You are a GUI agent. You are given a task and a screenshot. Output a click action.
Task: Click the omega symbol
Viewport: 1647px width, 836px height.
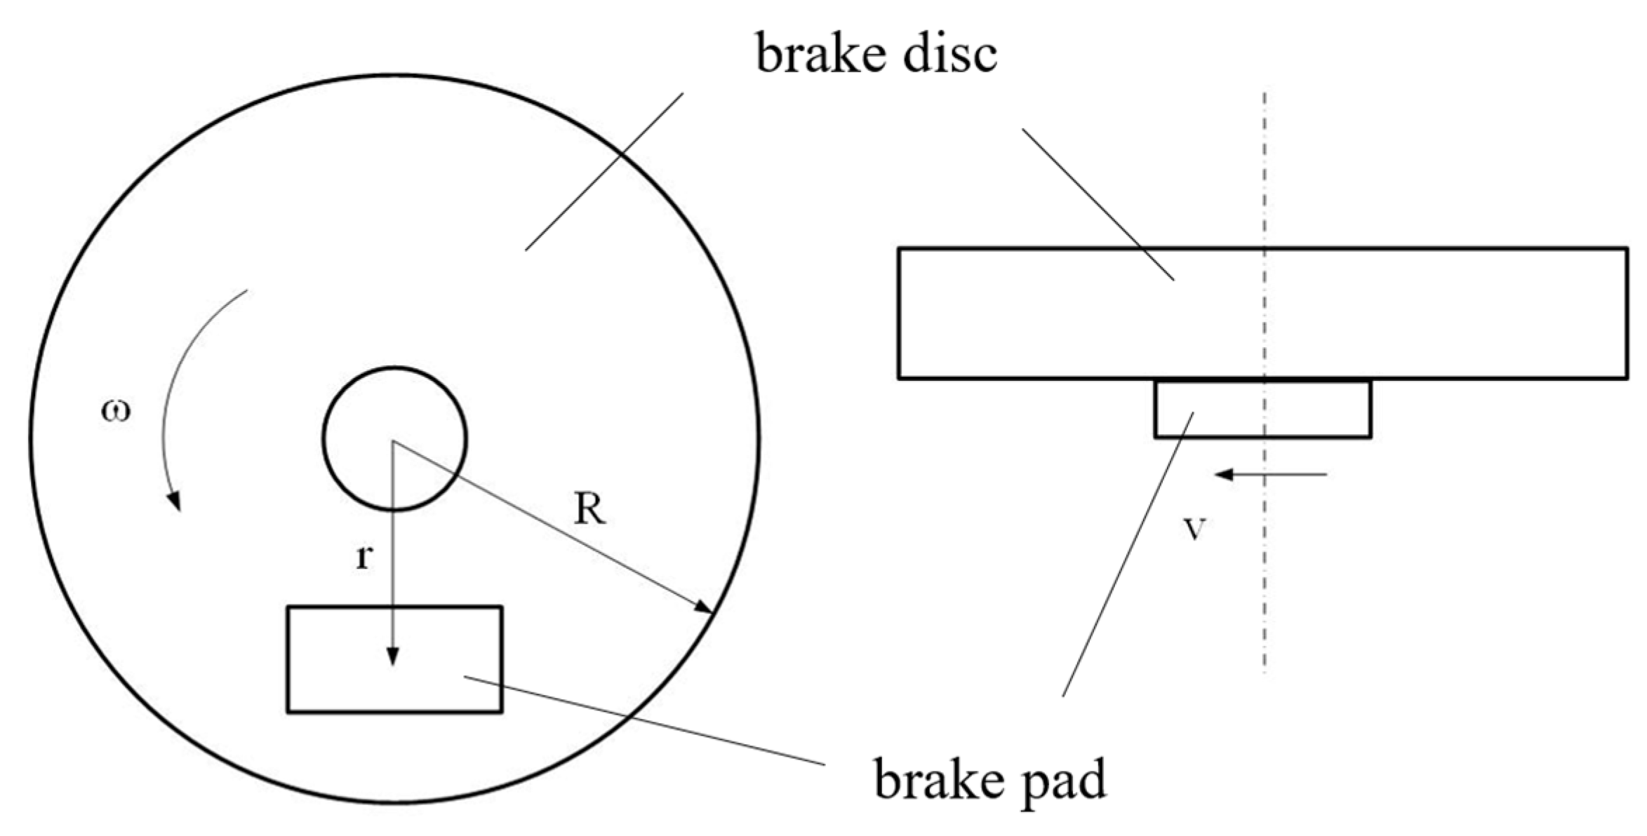(116, 411)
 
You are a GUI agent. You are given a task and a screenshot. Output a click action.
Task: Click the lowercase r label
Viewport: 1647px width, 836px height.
(364, 558)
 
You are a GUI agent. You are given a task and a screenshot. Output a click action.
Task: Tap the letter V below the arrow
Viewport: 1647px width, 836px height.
(1194, 530)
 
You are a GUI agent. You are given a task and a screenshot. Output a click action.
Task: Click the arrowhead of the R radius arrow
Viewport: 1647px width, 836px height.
(704, 607)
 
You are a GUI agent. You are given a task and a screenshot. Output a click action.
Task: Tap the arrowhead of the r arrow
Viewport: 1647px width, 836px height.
(393, 656)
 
